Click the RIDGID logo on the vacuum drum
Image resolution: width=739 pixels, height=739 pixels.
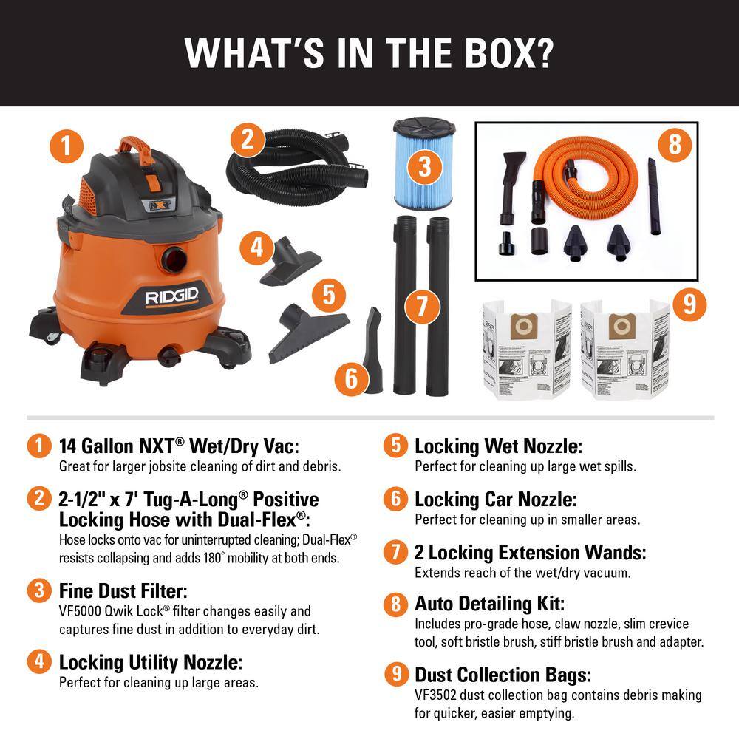click(171, 298)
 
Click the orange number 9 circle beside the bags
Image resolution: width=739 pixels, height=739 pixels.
click(689, 304)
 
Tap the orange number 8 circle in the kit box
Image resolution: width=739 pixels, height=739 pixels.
click(674, 144)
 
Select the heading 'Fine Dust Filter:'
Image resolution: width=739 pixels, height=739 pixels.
click(123, 590)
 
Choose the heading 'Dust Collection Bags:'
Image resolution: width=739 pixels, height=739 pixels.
click(503, 675)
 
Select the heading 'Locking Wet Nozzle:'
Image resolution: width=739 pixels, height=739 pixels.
click(498, 446)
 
